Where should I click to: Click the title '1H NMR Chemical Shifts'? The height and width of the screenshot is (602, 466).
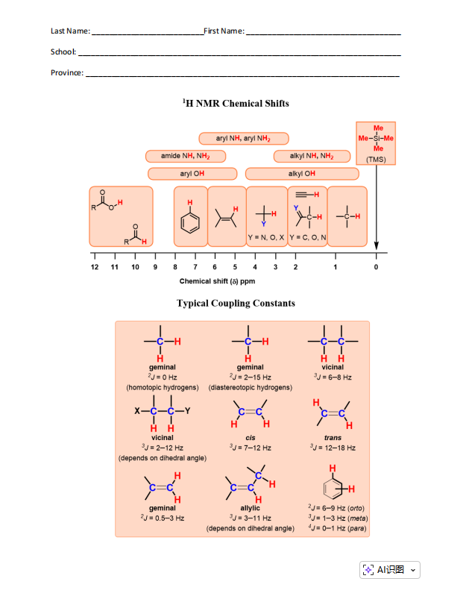(x=236, y=104)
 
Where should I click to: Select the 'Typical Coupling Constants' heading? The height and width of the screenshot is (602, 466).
(x=236, y=303)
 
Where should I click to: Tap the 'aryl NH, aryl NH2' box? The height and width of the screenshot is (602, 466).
(x=243, y=139)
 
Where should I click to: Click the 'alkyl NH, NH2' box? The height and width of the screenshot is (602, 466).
(x=311, y=156)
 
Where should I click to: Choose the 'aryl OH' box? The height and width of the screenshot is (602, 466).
(x=192, y=174)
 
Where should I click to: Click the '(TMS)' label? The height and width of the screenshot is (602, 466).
(x=376, y=159)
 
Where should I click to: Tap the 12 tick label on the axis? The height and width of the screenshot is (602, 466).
(x=95, y=266)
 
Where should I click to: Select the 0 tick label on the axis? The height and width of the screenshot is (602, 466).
(x=376, y=266)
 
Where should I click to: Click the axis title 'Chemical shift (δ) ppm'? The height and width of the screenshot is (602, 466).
(x=217, y=281)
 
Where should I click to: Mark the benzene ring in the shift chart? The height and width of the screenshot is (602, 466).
(x=190, y=222)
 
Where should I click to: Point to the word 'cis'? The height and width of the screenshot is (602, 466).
(x=250, y=438)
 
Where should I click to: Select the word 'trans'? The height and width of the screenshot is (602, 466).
(x=333, y=438)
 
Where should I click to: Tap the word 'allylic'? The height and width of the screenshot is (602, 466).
(x=250, y=508)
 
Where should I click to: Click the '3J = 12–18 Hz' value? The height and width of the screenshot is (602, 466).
(x=333, y=448)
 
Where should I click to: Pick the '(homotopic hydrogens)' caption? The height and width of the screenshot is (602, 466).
(x=163, y=388)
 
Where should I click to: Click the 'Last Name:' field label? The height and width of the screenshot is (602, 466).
(x=70, y=31)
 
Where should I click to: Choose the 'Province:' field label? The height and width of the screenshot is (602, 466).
(x=67, y=73)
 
